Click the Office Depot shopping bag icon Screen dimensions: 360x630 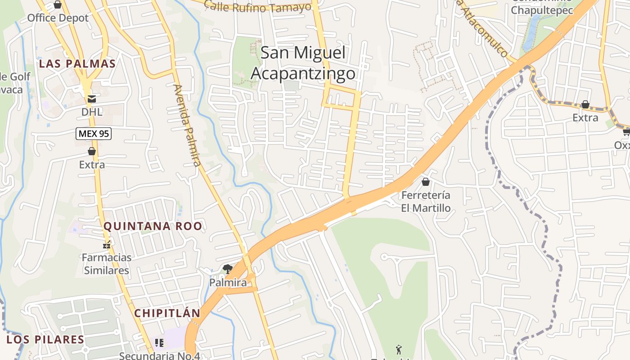tap(58, 5)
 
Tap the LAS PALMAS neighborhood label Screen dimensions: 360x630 tap(77, 63)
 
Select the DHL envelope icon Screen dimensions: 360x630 tap(92, 99)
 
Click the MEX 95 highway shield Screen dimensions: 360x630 tap(93, 133)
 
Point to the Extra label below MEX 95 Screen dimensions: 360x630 tap(92, 165)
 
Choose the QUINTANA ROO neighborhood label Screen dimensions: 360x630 tap(153, 226)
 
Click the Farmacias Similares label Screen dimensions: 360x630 tap(107, 264)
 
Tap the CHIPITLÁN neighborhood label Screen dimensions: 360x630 tap(167, 313)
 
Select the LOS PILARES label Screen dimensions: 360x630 tap(45, 339)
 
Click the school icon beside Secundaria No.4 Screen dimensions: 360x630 tap(159, 343)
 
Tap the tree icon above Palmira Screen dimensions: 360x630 tap(228, 270)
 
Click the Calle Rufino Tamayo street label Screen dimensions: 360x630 tap(258, 6)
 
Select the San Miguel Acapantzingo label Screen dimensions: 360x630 tap(303, 63)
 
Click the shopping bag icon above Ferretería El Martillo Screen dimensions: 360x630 tap(426, 182)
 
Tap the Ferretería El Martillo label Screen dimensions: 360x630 tap(426, 202)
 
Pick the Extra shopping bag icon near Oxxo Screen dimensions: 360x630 tap(585, 105)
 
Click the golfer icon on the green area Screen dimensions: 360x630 tap(399, 349)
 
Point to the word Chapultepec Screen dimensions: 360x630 tap(542, 10)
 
